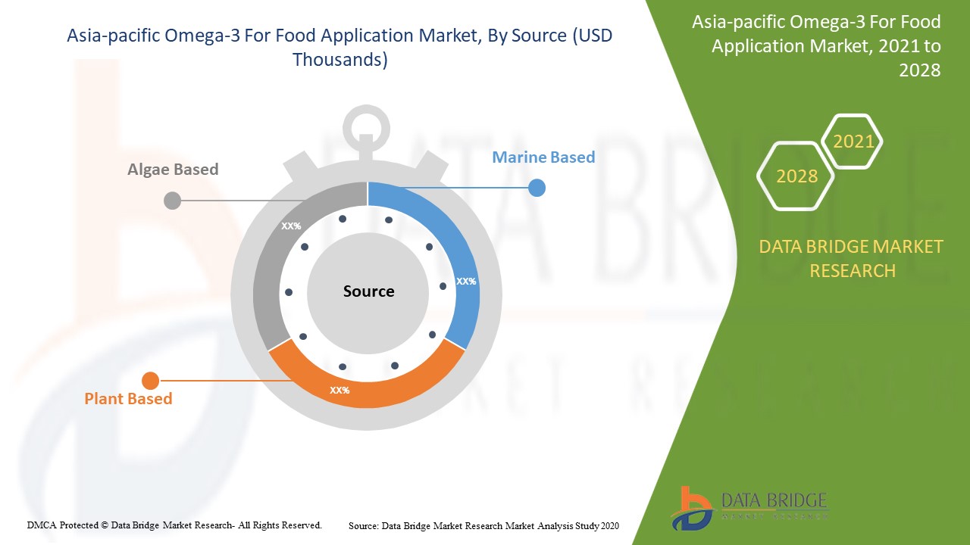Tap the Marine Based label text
tap(543, 157)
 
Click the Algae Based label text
tap(173, 170)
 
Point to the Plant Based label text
tap(128, 399)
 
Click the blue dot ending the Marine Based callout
tap(537, 188)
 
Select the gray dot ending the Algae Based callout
tap(173, 201)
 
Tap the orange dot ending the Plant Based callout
tap(151, 381)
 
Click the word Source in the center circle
tap(368, 291)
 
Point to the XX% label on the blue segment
tap(466, 281)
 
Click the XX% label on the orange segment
tap(339, 391)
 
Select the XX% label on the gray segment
tap(291, 226)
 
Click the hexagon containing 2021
tap(853, 141)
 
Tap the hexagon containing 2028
tap(796, 176)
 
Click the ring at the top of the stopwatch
tap(366, 126)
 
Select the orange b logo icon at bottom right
tap(692, 507)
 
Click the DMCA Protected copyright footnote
tap(174, 525)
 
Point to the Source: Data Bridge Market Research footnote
tap(484, 525)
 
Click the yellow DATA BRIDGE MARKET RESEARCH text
tap(851, 258)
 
